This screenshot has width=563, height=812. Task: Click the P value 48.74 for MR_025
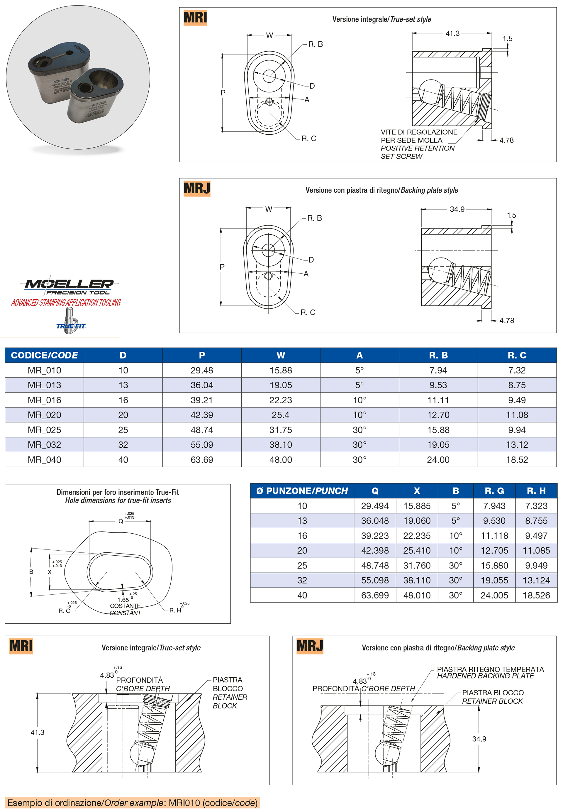[x=202, y=430]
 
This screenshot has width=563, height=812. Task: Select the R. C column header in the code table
[x=517, y=355]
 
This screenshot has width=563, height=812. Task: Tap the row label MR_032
[x=45, y=445]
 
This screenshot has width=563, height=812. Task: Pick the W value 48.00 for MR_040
[x=280, y=459]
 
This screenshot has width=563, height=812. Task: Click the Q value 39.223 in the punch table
[x=375, y=536]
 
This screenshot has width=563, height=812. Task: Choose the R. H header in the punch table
[x=536, y=491]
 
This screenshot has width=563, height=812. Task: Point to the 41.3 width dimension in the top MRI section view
[x=452, y=33]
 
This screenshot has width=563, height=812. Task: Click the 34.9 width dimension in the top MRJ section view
[x=457, y=209]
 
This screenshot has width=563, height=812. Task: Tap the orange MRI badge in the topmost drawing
[x=195, y=18]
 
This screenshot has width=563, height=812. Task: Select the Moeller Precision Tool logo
[x=69, y=287]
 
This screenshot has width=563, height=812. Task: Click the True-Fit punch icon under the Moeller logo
[x=70, y=320]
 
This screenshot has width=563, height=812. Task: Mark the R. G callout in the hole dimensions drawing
[x=65, y=610]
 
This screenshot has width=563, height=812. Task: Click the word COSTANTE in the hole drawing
[x=125, y=605]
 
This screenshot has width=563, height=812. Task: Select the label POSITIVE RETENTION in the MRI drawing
[x=417, y=148]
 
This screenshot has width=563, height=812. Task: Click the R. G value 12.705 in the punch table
[x=494, y=551]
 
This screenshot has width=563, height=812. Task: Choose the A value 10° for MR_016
[x=359, y=400]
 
